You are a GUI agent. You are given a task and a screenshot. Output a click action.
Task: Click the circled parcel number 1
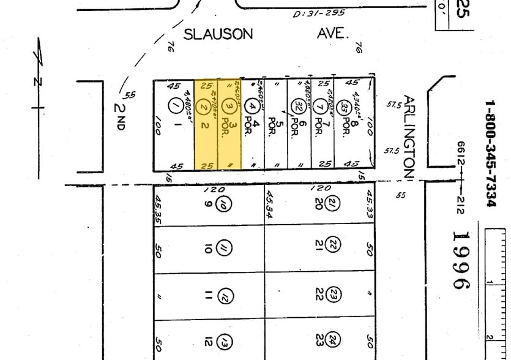point(176,106)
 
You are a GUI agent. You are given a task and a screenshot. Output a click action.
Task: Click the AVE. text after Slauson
point(334,34)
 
